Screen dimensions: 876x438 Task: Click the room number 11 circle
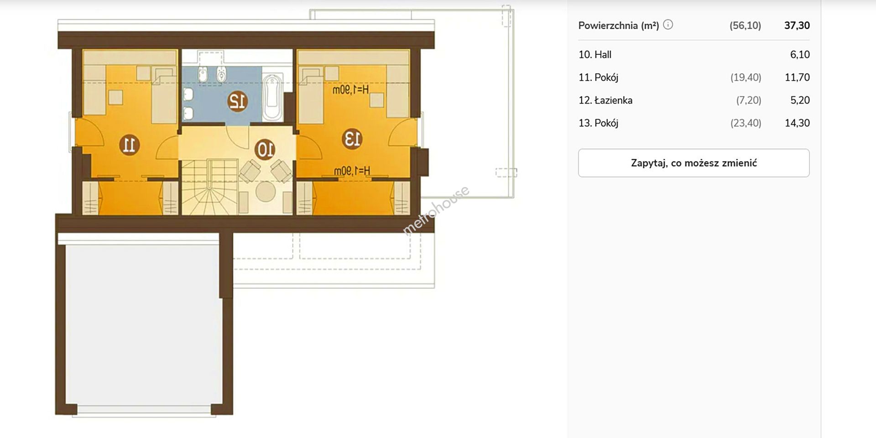point(129,145)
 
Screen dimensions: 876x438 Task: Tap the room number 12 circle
point(237,101)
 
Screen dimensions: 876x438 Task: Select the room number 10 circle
point(265,149)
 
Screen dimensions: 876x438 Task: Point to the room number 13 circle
point(352,139)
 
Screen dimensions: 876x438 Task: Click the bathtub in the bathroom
point(272,98)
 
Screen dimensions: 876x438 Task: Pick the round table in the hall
point(265,192)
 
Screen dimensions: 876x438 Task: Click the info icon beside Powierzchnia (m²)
point(668,25)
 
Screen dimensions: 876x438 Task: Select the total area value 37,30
point(797,26)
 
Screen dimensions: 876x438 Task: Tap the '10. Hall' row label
point(595,55)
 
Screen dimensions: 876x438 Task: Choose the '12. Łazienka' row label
point(605,100)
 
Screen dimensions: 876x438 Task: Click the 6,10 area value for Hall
point(800,55)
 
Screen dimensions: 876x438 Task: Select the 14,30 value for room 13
point(797,123)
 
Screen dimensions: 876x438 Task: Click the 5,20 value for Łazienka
point(800,100)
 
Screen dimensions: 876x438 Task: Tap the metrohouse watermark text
point(436,210)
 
